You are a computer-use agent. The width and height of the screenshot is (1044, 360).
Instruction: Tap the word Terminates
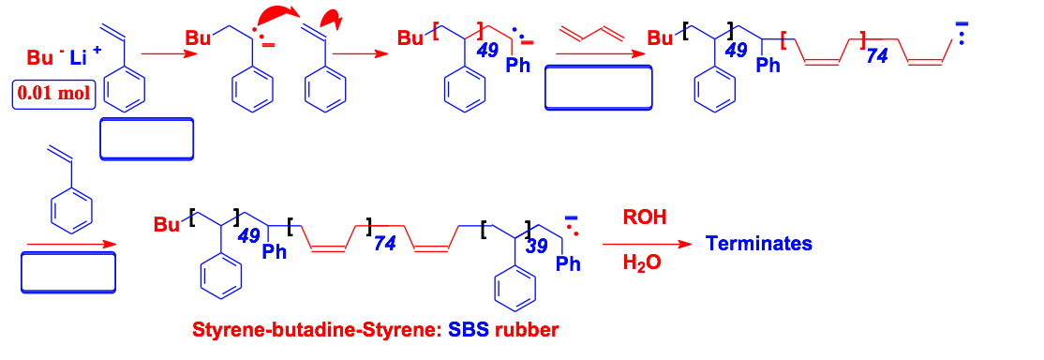(758, 244)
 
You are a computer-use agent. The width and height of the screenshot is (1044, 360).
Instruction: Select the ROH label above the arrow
(645, 217)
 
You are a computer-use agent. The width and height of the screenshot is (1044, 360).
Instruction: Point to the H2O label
(642, 264)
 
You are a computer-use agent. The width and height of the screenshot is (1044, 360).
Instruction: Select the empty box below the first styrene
(146, 141)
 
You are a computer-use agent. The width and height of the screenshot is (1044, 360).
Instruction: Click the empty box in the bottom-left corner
(67, 274)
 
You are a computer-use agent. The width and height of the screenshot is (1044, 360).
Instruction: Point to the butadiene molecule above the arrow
(591, 37)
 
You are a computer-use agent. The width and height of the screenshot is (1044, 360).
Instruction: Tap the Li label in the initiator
(79, 59)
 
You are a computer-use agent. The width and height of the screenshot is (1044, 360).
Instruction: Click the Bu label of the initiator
(39, 57)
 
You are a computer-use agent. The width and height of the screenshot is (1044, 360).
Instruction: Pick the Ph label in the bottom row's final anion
(568, 264)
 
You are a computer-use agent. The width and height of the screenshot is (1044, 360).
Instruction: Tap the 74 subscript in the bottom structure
(384, 245)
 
